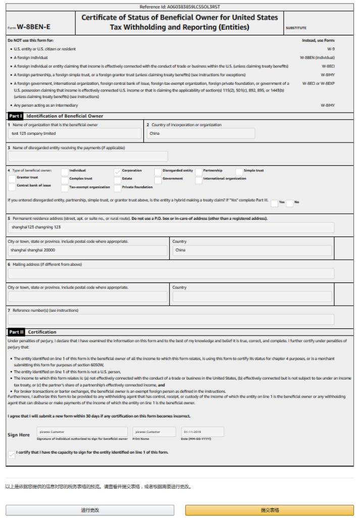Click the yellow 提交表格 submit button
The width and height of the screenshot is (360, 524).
(x=270, y=510)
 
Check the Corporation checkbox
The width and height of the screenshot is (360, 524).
(x=118, y=171)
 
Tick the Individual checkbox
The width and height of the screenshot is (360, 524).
(x=65, y=171)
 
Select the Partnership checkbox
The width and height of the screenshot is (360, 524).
(x=199, y=171)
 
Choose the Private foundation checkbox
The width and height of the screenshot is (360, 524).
(x=118, y=188)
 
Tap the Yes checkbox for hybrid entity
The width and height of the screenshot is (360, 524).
(x=274, y=203)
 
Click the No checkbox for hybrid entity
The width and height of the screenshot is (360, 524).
(x=289, y=203)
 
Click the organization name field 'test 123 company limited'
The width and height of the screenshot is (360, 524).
(x=75, y=133)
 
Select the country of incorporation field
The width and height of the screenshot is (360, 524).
(x=200, y=133)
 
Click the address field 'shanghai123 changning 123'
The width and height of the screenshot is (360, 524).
(x=171, y=227)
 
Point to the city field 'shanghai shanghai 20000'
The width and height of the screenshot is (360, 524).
(x=87, y=250)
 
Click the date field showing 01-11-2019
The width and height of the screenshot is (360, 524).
(x=202, y=432)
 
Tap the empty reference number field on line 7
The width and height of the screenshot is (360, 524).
(x=171, y=319)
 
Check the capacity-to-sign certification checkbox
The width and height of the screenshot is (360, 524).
(x=12, y=454)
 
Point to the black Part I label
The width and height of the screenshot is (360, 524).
(x=16, y=116)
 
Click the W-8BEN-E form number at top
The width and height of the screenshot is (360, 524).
(x=33, y=27)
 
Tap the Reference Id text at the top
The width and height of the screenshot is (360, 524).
(x=180, y=7)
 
